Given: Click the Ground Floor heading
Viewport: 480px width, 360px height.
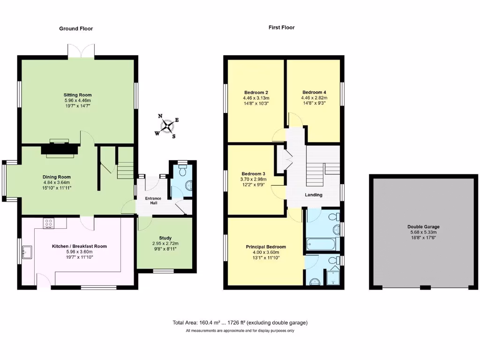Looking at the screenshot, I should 76,29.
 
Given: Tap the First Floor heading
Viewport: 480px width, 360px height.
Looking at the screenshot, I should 281,28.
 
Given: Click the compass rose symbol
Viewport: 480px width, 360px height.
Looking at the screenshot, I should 167,126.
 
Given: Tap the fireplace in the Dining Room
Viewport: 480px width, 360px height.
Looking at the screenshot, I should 59,149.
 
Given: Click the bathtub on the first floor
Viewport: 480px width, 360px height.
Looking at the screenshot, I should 321,244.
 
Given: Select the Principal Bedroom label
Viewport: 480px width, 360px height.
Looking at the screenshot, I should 266,247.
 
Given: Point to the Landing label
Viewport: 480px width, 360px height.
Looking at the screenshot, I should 313,195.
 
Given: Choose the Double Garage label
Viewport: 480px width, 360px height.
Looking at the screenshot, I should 423,227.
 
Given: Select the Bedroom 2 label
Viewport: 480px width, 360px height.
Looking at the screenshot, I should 256,92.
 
